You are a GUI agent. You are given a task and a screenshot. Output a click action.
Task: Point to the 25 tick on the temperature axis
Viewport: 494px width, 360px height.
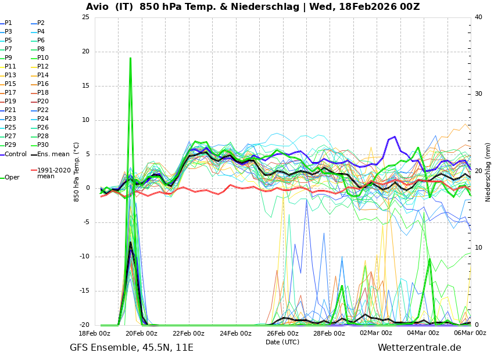click(x=85, y=17)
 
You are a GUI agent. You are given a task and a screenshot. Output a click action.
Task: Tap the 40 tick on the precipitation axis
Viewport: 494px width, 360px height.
click(x=478, y=17)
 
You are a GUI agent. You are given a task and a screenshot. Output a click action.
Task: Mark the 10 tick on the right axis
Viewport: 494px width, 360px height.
click(x=478, y=248)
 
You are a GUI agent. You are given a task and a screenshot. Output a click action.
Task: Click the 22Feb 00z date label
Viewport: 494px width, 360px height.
click(x=189, y=333)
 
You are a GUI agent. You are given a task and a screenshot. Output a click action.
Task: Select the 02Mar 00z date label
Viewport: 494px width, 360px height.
click(x=376, y=333)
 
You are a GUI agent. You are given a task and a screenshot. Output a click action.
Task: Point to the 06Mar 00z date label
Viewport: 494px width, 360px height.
click(x=470, y=333)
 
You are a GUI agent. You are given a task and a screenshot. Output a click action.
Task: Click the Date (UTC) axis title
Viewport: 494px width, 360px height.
click(x=282, y=342)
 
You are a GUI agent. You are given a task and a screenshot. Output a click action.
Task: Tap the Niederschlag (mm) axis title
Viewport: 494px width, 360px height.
click(x=488, y=171)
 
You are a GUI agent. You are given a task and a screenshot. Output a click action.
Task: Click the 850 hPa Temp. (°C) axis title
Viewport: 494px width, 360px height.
click(x=77, y=172)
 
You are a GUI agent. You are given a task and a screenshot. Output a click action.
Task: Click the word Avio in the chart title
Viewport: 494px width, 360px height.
click(x=97, y=6)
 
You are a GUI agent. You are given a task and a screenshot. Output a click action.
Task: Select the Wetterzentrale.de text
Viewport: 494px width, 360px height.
click(x=420, y=348)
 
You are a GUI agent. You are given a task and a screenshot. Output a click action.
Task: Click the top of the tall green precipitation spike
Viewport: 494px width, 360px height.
click(x=130, y=58)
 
